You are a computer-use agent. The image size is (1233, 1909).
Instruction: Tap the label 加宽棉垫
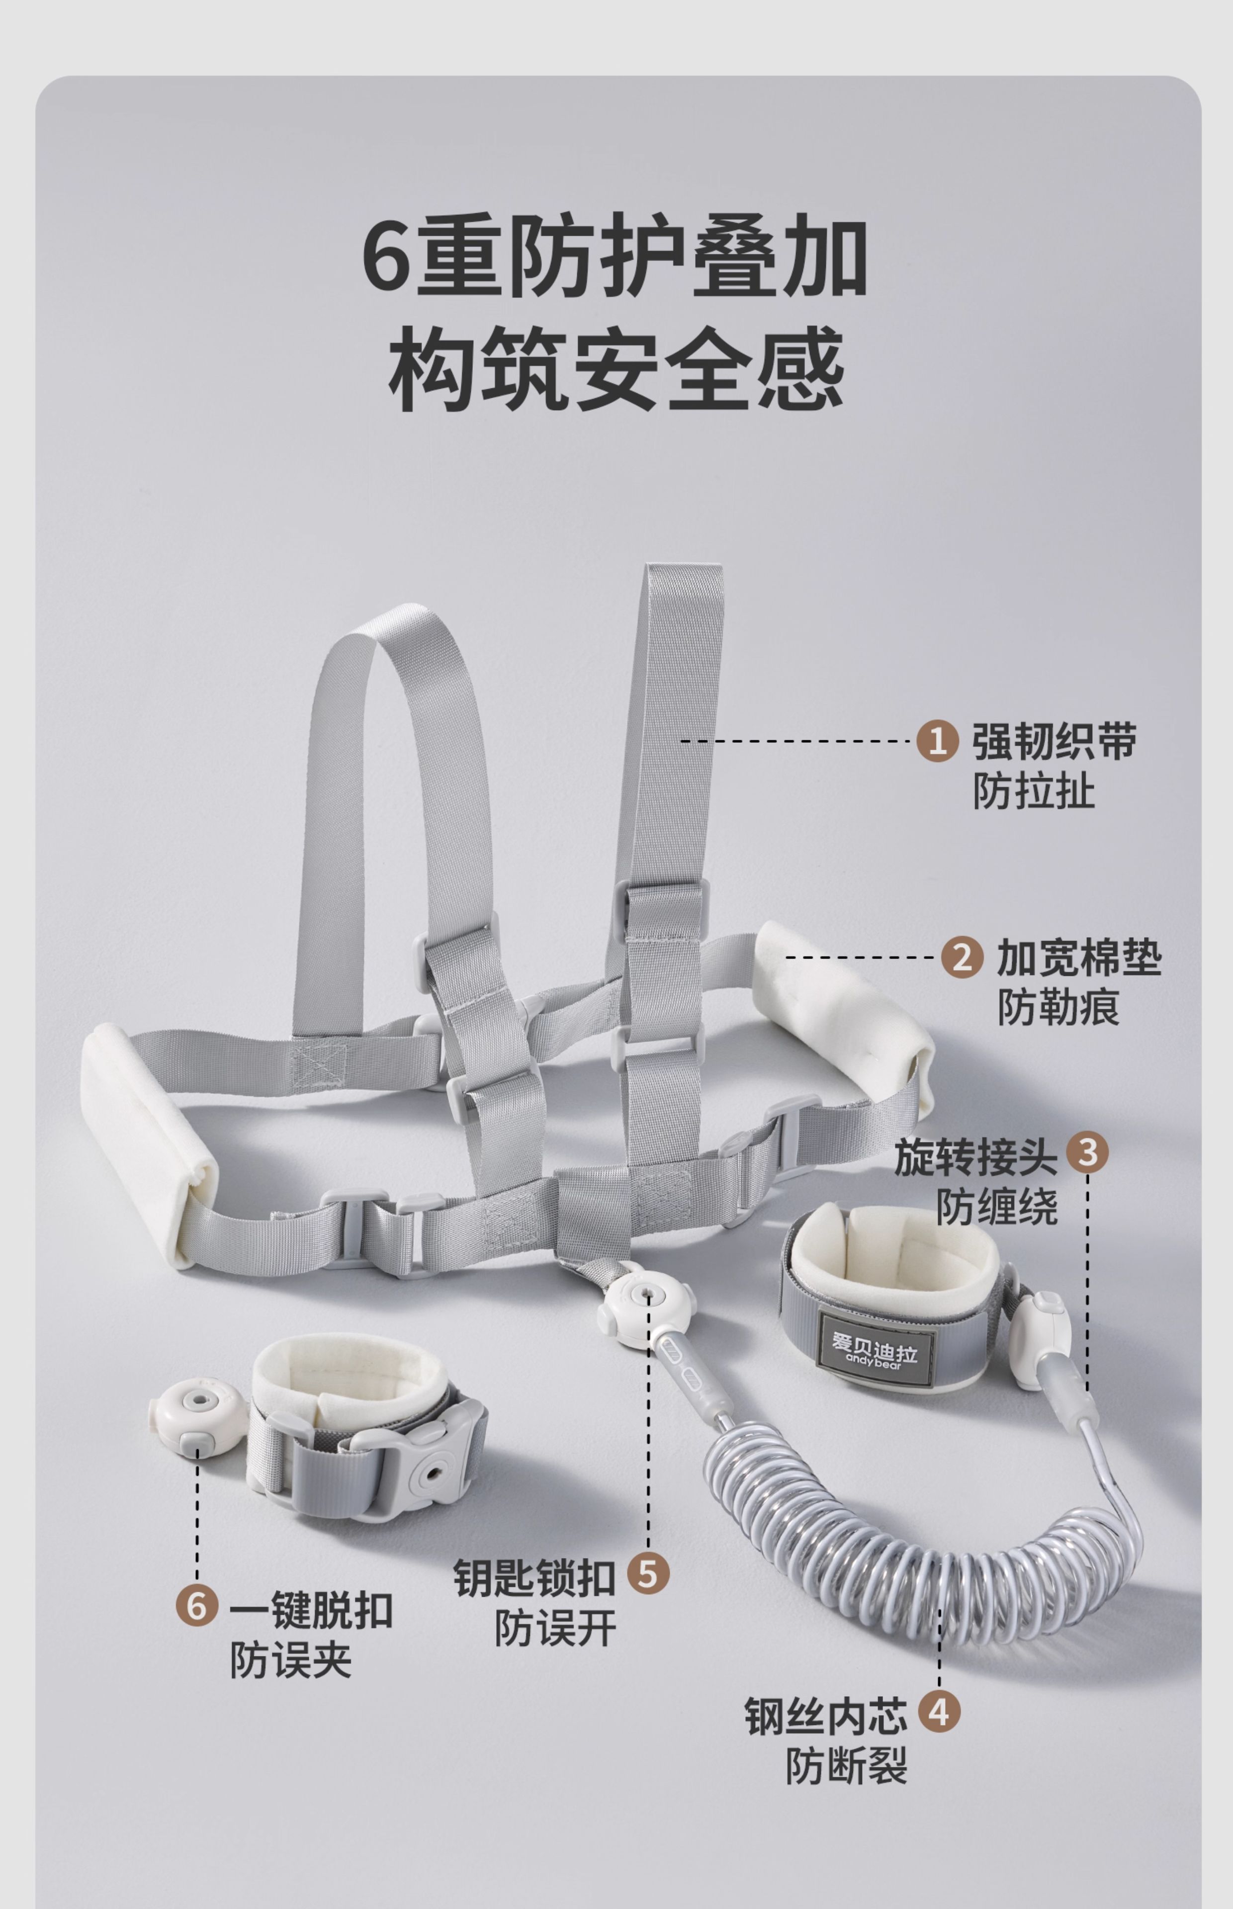[x=1078, y=957]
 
